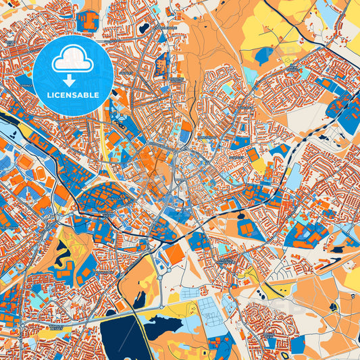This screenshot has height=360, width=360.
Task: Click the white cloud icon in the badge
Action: tap(73, 59)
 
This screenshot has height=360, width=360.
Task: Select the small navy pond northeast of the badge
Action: tap(143, 29)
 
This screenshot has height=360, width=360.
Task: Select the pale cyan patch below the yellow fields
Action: tap(251, 72)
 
